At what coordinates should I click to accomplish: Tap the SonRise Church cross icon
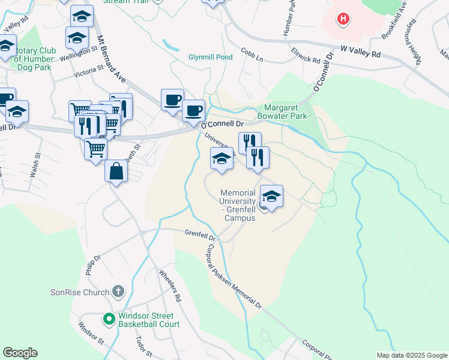point(118,292)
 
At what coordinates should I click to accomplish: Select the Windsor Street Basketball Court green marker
point(109,319)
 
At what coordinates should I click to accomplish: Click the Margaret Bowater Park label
point(282,112)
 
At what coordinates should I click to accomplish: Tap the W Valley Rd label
point(360,54)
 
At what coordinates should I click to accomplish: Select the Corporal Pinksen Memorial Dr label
point(235,276)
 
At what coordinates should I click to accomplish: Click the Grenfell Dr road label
point(199,233)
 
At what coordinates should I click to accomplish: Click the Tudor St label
point(142,345)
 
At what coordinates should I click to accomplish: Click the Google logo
point(20,353)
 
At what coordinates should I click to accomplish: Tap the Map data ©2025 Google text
point(411,355)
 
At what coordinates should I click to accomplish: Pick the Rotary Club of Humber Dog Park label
point(42,58)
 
